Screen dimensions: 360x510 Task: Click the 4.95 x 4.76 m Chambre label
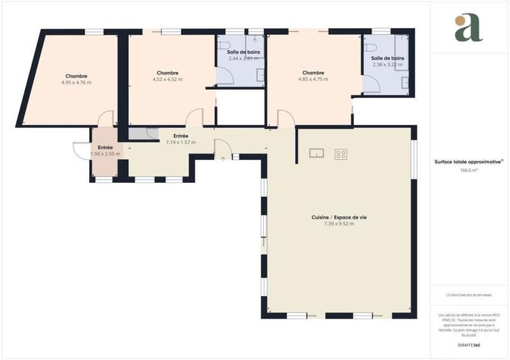point(76,76)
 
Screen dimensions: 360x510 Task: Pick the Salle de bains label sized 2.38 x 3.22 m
point(388,58)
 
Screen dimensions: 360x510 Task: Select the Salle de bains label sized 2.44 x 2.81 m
point(242,52)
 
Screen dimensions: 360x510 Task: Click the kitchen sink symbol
point(317,153)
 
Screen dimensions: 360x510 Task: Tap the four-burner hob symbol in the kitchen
point(340,154)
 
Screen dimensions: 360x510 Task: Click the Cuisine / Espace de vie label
point(339,217)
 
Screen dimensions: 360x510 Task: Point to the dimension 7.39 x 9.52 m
point(339,224)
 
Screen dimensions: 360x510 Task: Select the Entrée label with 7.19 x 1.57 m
point(180,136)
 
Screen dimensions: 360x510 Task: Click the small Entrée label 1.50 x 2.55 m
point(105,147)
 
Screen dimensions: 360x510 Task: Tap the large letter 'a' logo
point(469,27)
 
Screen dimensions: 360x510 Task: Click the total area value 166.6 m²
point(469,170)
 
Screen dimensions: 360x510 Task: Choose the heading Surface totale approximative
point(469,162)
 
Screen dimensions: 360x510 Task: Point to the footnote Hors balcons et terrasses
point(469,295)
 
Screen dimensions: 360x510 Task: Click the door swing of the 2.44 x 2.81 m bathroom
point(225,76)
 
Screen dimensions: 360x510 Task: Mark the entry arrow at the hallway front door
point(222,158)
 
